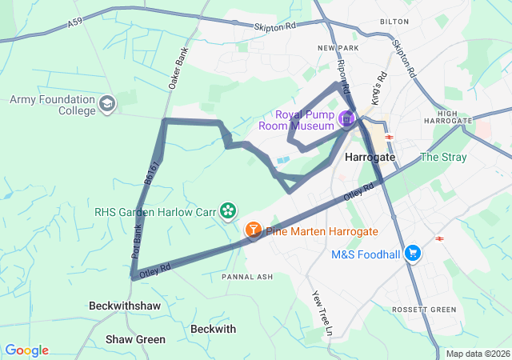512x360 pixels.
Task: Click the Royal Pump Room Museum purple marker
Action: [x=346, y=119]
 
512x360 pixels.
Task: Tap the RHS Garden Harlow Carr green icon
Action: [x=229, y=210]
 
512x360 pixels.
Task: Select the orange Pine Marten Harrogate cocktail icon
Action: [x=253, y=230]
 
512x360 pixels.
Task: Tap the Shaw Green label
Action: [x=136, y=340]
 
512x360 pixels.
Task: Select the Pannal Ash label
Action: [x=247, y=277]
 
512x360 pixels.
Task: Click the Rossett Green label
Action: [x=424, y=310]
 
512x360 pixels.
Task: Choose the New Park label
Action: [x=336, y=49]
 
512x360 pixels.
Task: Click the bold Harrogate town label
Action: [x=370, y=158]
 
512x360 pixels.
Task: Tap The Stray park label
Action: [x=442, y=157]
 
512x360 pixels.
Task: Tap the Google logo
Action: [x=26, y=350]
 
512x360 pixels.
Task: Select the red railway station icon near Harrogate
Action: [x=390, y=137]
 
